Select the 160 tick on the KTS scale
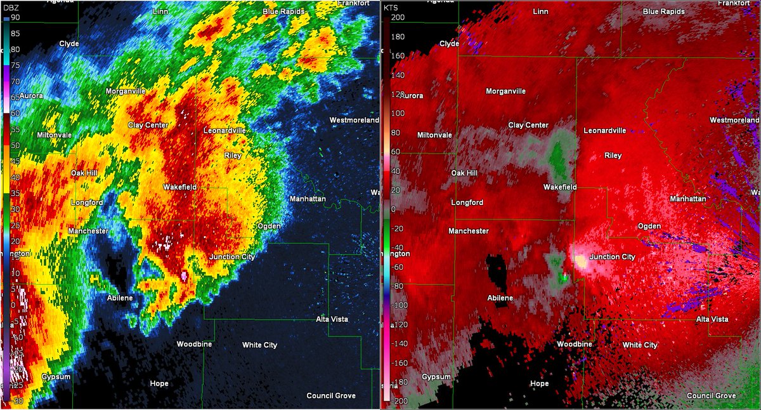tap(397, 55)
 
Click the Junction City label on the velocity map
tap(612, 257)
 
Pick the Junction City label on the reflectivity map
tap(232, 257)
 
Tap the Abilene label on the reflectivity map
tap(119, 298)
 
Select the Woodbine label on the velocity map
tap(575, 344)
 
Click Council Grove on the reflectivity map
tap(331, 395)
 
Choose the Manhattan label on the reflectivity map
tap(308, 199)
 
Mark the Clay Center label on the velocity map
tap(528, 125)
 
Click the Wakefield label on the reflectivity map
tap(179, 187)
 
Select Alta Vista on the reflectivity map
tap(332, 319)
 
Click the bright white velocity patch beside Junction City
tap(580, 261)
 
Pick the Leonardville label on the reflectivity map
tap(224, 130)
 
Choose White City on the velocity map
tap(640, 345)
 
